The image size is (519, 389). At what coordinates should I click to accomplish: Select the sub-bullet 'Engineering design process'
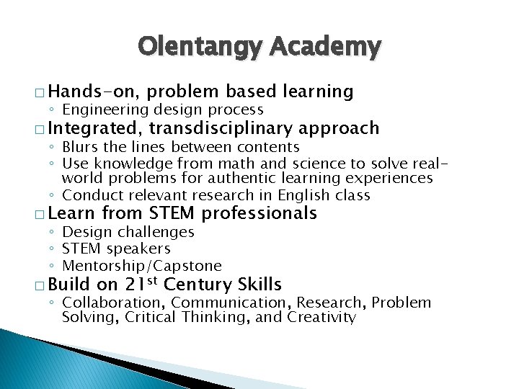click(162, 109)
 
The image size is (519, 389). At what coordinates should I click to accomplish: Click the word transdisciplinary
click(221, 128)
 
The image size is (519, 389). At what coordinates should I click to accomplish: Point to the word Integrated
click(94, 128)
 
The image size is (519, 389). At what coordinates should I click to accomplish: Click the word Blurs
click(82, 148)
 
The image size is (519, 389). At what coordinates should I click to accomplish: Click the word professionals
click(259, 213)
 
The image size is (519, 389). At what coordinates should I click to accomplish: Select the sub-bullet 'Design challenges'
click(128, 232)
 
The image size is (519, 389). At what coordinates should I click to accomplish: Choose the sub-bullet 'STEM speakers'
click(116, 249)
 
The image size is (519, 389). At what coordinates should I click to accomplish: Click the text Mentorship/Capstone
click(142, 266)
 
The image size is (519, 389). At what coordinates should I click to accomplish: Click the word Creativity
click(321, 318)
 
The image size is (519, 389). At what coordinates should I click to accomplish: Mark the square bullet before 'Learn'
click(41, 215)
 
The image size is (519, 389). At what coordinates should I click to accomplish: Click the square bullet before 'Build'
click(41, 286)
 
